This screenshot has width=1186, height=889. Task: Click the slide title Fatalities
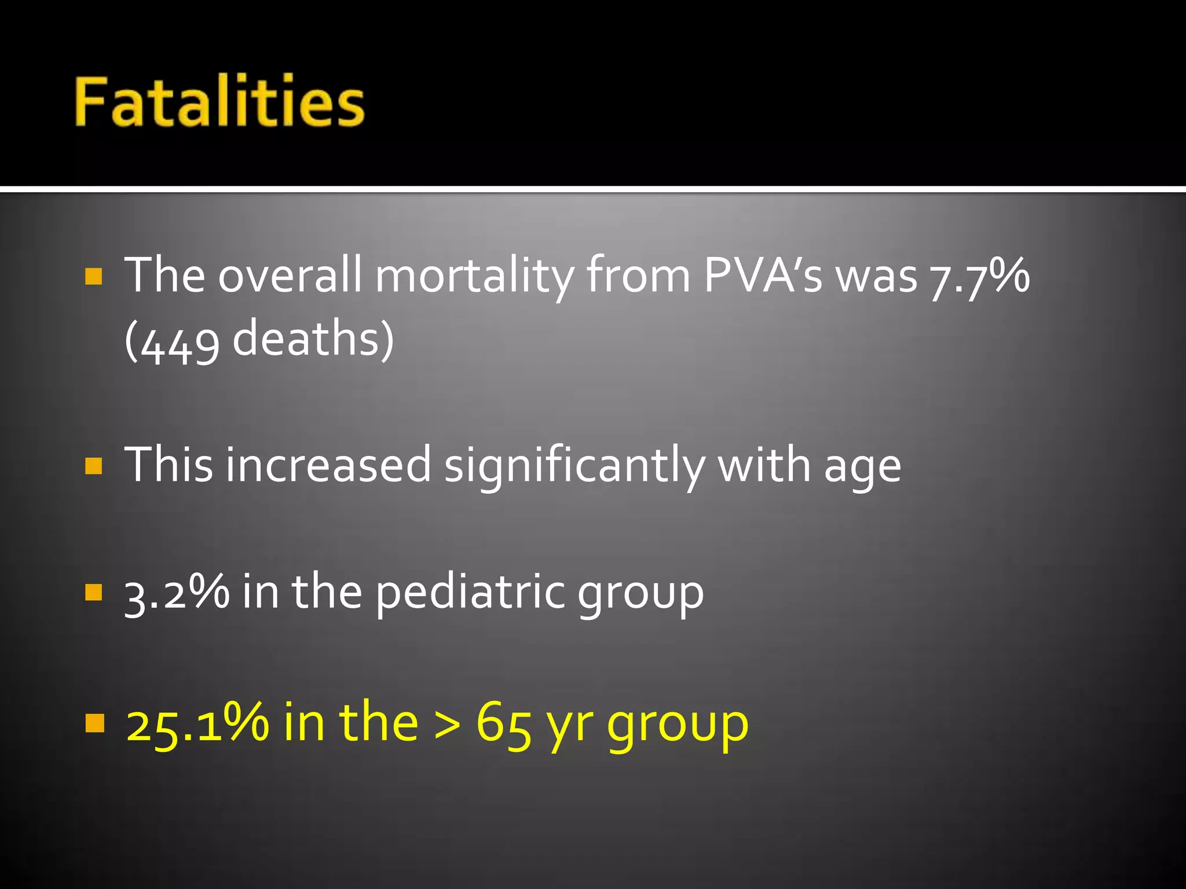219,102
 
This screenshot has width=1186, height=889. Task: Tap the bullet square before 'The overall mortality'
94,276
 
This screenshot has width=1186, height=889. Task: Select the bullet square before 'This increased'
94,466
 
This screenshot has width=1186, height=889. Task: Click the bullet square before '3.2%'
94,592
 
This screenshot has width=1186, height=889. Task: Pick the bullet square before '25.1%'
94,723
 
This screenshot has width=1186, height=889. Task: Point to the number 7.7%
979,276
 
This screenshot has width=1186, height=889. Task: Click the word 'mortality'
474,276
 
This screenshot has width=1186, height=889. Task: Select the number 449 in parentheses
180,341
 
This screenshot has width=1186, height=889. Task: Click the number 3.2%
177,592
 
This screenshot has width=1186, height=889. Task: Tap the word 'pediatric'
469,593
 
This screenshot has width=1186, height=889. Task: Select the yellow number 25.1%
197,723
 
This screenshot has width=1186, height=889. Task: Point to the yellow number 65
503,723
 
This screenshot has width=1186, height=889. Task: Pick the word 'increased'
328,466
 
